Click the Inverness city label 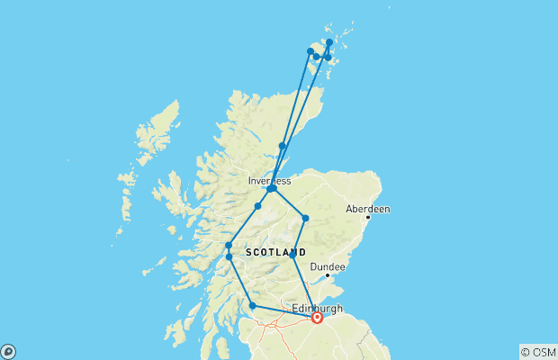pos(270,181)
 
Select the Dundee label pos(328,267)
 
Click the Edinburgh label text pos(318,308)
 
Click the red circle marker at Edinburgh pos(318,318)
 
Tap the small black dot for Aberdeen pos(368,218)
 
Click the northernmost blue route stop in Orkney pos(329,42)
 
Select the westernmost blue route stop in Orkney pos(310,51)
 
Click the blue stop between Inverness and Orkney pos(283,146)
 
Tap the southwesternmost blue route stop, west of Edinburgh pos(252,306)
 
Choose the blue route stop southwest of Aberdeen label pos(306,219)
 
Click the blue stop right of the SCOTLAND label pos(292,255)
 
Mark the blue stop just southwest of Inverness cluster pos(257,206)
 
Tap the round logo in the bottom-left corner pos(7,351)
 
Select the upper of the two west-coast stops pos(229,245)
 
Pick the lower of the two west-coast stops pos(229,256)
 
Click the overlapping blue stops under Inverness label pos(271,189)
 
